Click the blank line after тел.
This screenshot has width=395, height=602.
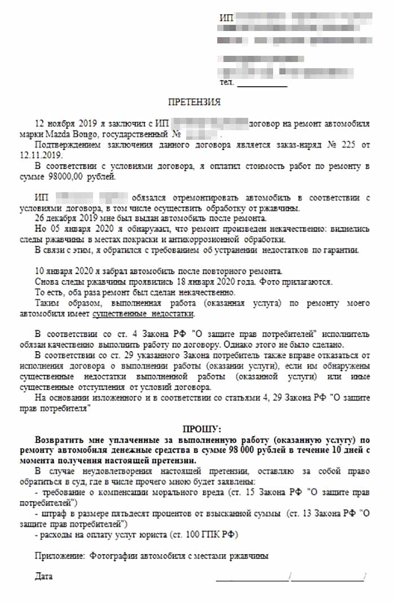click(261, 85)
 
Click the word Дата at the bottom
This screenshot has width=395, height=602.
click(43, 577)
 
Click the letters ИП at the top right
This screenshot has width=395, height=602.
click(225, 19)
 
